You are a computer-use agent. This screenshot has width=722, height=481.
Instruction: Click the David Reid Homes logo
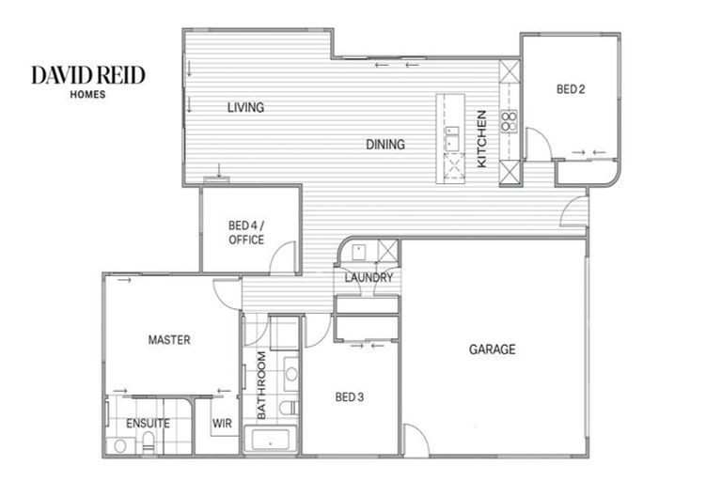[x=88, y=80]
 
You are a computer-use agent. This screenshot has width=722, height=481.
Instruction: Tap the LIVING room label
[x=245, y=108]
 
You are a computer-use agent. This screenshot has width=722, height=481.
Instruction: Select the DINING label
[x=385, y=145]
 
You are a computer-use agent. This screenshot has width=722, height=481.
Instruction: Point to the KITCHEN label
[x=481, y=139]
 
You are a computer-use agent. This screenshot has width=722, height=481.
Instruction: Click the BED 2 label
[x=571, y=90]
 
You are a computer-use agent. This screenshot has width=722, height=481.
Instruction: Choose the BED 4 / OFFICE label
[x=246, y=232]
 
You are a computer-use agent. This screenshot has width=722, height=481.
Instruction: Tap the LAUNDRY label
[x=369, y=278]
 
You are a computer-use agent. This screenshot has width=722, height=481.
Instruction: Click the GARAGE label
[x=493, y=349]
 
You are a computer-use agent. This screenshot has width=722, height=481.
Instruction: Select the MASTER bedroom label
[x=169, y=339]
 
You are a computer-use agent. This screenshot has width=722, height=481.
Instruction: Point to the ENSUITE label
[x=149, y=424]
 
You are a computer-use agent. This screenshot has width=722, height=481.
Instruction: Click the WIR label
[x=223, y=424]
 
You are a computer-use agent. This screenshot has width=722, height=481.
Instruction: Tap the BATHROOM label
[x=262, y=385]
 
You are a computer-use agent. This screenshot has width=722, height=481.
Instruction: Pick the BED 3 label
[x=350, y=397]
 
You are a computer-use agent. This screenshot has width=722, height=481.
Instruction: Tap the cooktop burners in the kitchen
[x=510, y=119]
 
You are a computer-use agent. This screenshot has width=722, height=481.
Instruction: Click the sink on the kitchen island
[x=451, y=143]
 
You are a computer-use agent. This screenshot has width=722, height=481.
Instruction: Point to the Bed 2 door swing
[x=535, y=144]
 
